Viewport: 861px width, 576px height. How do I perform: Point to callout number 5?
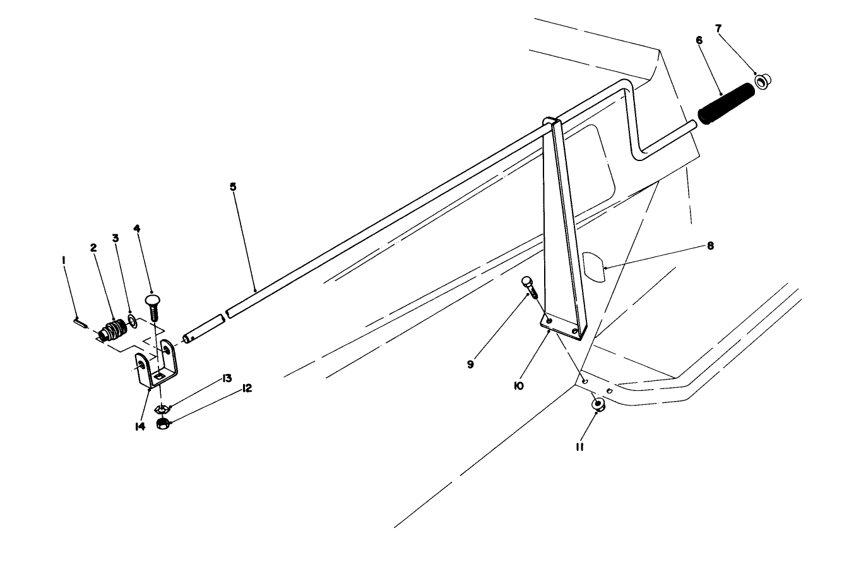coord(233,187)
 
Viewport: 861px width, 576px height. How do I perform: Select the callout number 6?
coord(699,40)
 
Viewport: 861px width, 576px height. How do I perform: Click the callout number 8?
coord(710,246)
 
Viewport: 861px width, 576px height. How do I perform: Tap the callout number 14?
coord(140,426)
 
